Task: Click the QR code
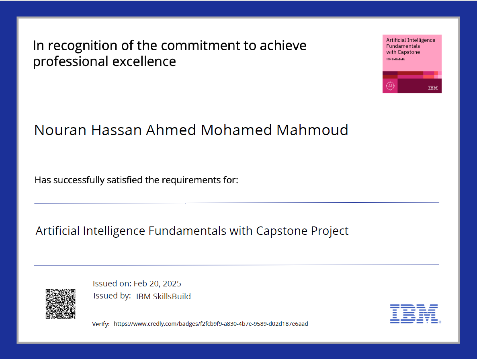click(61, 304)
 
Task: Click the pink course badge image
click(412, 64)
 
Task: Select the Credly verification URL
click(211, 324)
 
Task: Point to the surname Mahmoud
click(312, 130)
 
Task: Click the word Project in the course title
click(330, 231)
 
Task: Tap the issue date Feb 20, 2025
click(157, 284)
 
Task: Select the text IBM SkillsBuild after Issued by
click(164, 296)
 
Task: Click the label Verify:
click(101, 324)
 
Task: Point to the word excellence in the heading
click(144, 61)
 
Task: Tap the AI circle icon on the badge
click(390, 86)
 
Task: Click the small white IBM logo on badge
click(433, 88)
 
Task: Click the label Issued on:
click(112, 284)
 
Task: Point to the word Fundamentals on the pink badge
click(403, 46)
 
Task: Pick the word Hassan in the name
click(117, 130)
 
